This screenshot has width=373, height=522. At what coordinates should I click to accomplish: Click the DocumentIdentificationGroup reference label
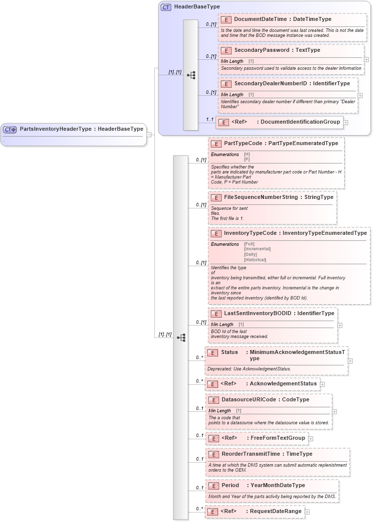pyautogui.click(x=300, y=122)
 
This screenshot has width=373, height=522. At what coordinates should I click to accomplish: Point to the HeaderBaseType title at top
pyautogui.click(x=197, y=7)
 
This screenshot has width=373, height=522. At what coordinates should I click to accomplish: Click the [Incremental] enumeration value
pyautogui.click(x=257, y=249)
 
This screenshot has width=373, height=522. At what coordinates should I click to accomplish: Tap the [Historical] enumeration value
pyautogui.click(x=255, y=259)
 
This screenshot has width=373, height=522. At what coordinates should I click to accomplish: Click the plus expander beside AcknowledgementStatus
pyautogui.click(x=322, y=384)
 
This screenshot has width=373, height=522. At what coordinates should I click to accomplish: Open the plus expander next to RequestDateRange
pyautogui.click(x=307, y=512)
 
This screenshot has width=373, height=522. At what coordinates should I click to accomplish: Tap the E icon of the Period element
pyautogui.click(x=213, y=486)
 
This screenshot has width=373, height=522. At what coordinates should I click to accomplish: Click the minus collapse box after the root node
pyautogui.click(x=149, y=134)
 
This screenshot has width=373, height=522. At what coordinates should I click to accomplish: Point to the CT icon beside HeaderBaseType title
pyautogui.click(x=166, y=7)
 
